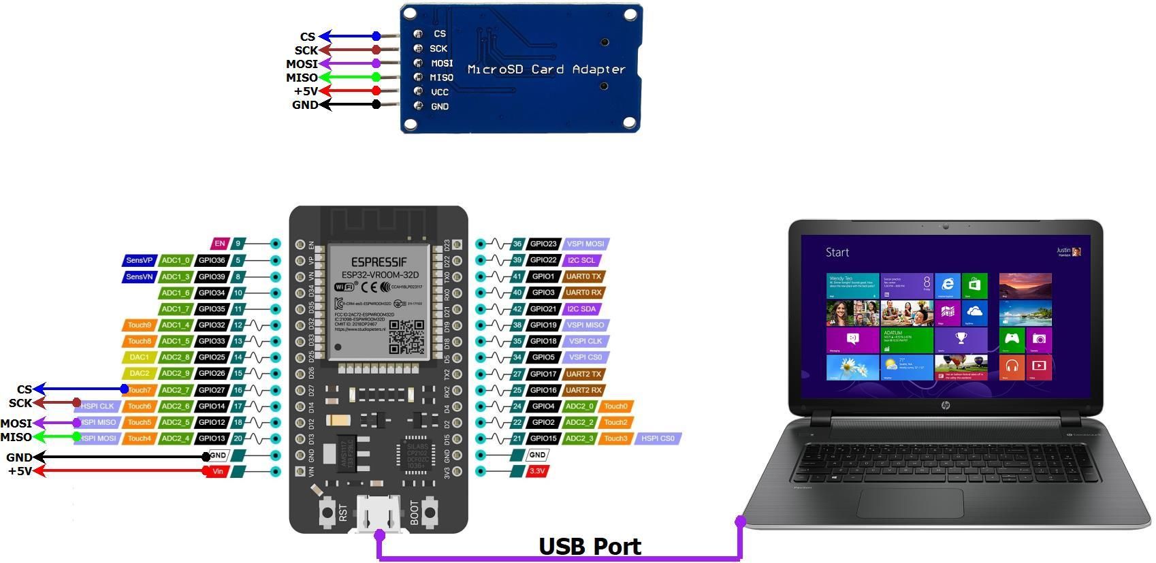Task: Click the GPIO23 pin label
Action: (x=543, y=244)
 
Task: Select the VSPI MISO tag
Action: (x=585, y=325)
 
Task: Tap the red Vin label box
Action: (x=218, y=471)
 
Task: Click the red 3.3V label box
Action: (x=537, y=471)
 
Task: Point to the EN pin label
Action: (x=219, y=244)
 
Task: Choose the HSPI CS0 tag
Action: (x=658, y=438)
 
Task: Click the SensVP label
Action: (x=140, y=260)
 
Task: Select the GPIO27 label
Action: (x=212, y=390)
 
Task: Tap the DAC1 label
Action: (x=140, y=357)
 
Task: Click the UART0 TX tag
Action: (x=583, y=276)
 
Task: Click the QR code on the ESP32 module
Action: (x=406, y=336)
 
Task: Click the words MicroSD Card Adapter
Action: (x=546, y=69)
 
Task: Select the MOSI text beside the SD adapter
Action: (x=302, y=64)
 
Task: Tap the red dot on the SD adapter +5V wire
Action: (x=376, y=91)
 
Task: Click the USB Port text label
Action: (x=590, y=546)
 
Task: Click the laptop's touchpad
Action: (x=910, y=502)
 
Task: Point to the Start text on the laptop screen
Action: (x=837, y=253)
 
